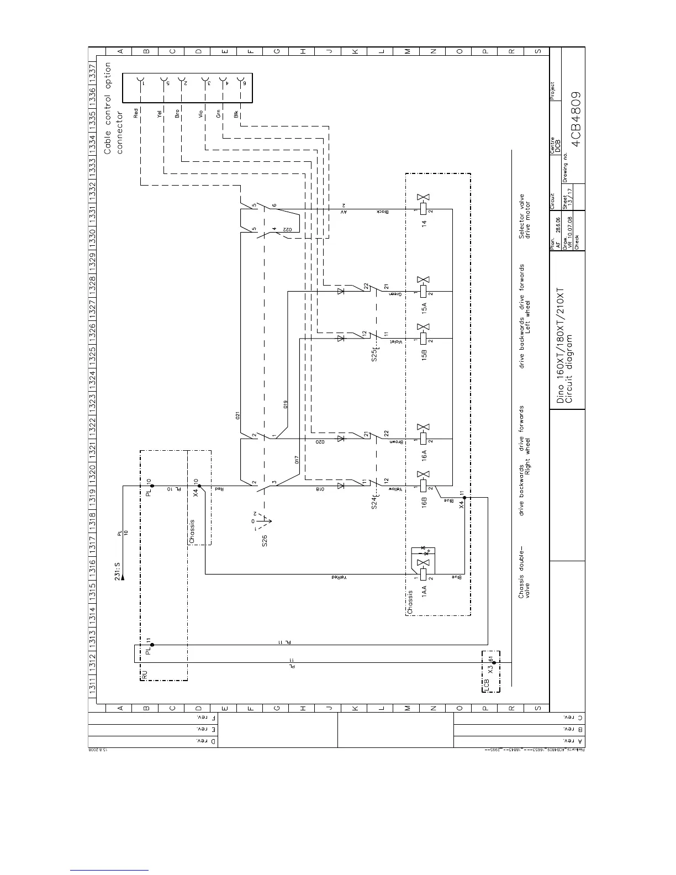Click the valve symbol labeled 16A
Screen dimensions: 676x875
pos(424,435)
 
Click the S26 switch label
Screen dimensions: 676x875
pos(265,540)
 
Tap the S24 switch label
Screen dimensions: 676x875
pos(375,502)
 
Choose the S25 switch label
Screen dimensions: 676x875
pos(375,351)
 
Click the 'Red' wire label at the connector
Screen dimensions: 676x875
pos(136,113)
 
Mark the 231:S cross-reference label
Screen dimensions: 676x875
pos(118,571)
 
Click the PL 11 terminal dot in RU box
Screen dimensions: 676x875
pos(152,645)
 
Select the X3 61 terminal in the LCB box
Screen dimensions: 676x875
pos(494,662)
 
